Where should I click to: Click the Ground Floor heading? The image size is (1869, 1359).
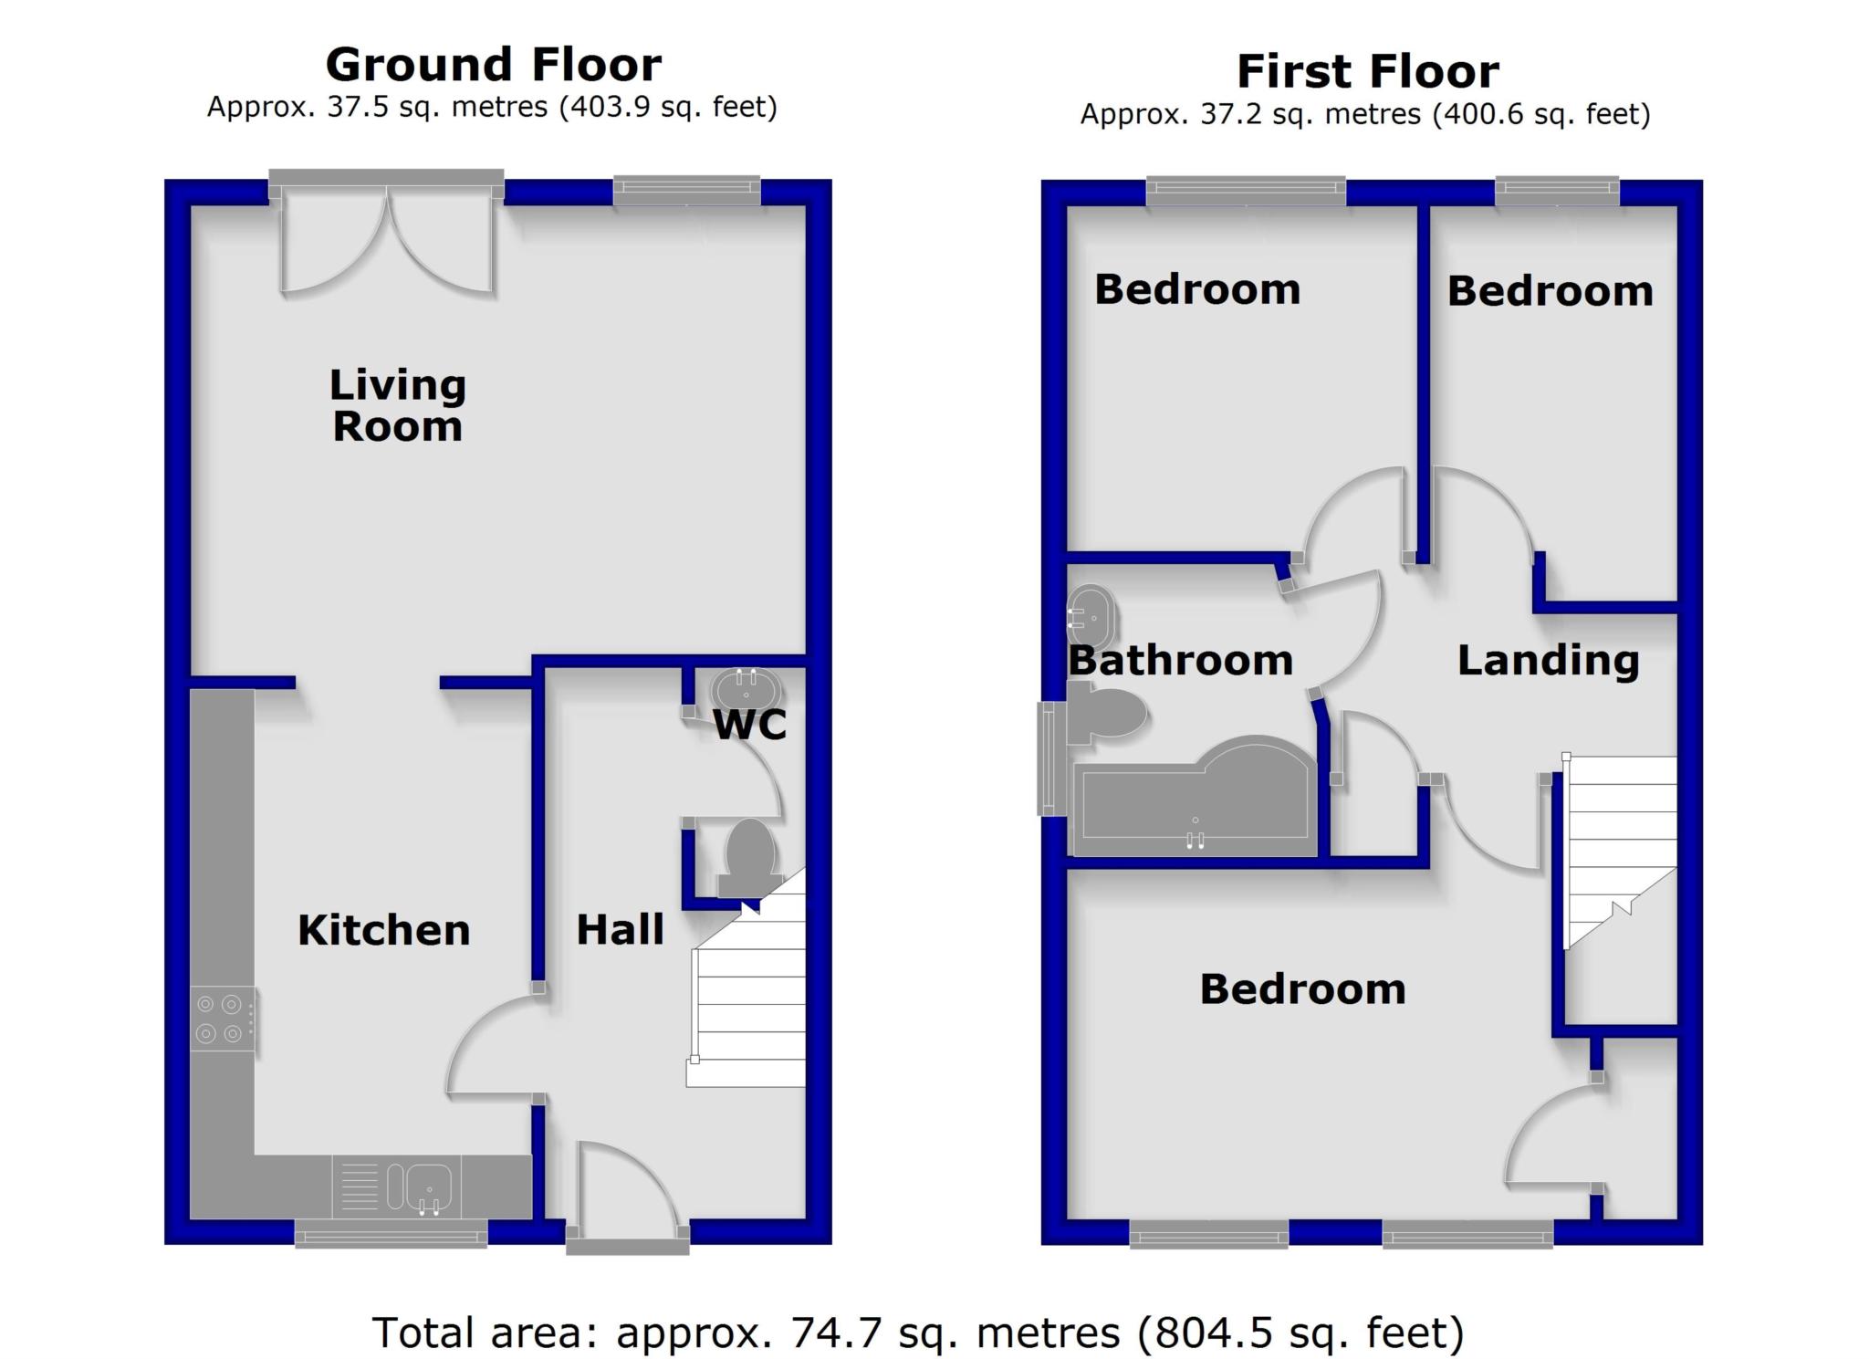[493, 66]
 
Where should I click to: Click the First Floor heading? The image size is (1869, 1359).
[1367, 72]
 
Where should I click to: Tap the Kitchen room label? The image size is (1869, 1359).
[383, 930]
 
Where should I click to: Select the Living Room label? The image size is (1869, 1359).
[398, 406]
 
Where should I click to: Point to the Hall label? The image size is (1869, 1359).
[620, 929]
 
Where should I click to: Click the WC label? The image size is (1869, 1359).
[749, 725]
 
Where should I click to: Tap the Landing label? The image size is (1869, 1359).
[1548, 660]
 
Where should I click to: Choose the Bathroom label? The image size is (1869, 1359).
[1180, 660]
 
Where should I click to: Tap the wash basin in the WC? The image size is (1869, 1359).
[746, 686]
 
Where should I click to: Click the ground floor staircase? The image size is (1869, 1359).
[748, 1004]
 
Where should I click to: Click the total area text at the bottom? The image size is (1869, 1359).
[917, 1333]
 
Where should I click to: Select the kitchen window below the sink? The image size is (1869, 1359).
[391, 1238]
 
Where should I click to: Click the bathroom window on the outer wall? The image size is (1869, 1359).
[1048, 758]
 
